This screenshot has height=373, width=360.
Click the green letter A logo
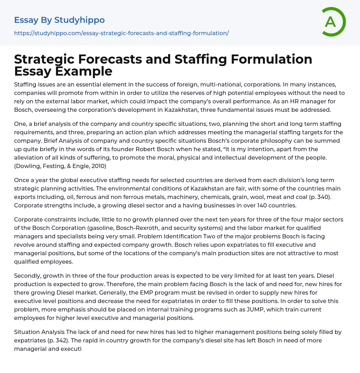pos(332,22)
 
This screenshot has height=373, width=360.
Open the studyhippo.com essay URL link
pos(121,33)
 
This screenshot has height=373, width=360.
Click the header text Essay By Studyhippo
pos(59,20)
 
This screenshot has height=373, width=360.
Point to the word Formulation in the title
pos(268,59)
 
